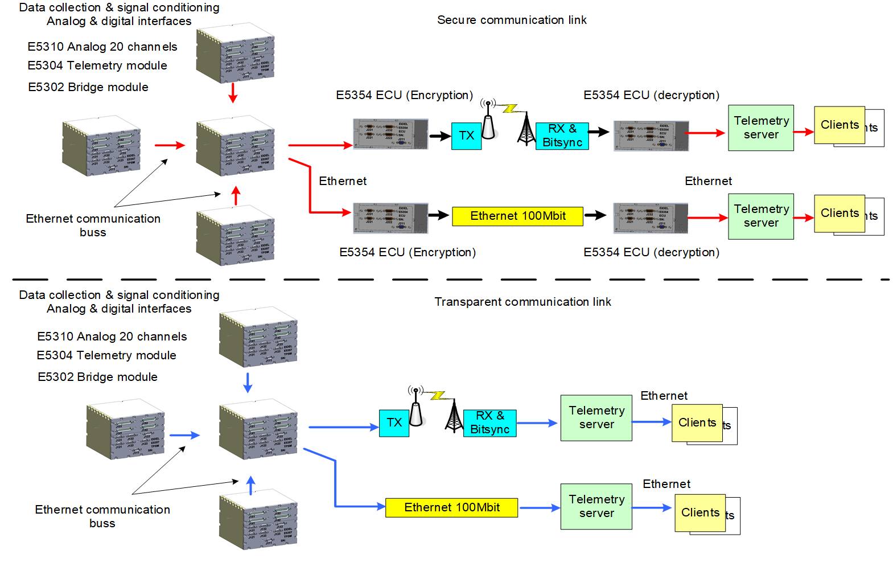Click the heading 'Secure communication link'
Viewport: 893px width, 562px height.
512,20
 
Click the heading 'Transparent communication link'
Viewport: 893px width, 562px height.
522,302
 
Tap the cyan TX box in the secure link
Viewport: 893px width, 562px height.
466,136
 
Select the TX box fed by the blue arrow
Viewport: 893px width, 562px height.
394,422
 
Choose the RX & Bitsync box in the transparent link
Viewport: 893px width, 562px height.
489,423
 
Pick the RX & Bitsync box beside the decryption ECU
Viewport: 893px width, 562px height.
562,136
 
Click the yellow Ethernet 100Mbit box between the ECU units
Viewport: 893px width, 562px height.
517,216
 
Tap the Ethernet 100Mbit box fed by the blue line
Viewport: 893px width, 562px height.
451,507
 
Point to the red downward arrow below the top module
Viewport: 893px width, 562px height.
232,93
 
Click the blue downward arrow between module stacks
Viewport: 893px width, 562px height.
248,383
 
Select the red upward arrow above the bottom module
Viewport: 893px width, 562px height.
236,195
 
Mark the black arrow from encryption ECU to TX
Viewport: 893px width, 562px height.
439,136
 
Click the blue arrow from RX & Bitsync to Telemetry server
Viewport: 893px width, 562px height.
537,423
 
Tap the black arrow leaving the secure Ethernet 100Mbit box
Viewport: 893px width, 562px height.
595,215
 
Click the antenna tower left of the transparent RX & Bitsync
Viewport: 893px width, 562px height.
454,416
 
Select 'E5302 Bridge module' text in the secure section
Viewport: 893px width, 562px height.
88,87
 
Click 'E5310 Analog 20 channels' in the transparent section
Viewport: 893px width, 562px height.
112,337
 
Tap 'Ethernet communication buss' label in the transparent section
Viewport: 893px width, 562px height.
102,516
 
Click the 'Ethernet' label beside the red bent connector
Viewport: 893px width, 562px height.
343,181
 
